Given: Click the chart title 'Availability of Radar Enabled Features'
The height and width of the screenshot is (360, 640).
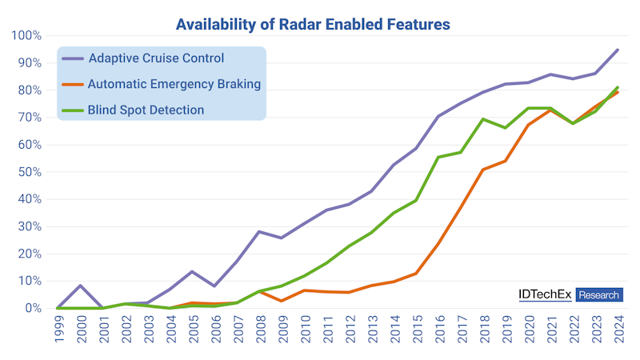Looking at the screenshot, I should point(312,25).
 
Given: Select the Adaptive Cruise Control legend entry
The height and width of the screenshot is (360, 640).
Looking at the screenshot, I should point(155,58).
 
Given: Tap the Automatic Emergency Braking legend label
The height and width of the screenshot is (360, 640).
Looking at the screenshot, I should point(174,84).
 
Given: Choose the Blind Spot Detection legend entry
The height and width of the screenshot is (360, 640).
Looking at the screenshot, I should point(146,110).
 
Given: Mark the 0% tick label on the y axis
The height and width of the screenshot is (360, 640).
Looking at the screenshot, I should point(32,308).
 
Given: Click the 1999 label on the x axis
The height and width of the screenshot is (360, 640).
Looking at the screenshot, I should point(59,330).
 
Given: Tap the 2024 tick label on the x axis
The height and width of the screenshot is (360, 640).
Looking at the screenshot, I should point(618,330).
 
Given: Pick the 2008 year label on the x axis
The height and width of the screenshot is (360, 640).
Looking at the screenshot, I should point(261,330).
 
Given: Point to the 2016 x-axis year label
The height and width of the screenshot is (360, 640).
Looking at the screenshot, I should point(439,330).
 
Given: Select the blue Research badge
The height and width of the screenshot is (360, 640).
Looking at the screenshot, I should point(599,295).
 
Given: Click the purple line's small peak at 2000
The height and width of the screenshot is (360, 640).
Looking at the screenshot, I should point(79,286).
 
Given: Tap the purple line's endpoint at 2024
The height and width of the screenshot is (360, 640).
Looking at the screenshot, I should point(618,50).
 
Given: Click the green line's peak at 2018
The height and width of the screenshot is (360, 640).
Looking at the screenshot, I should point(482,119).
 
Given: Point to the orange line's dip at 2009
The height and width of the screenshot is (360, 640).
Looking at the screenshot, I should point(281,301).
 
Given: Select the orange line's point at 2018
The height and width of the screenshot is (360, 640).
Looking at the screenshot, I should point(482,170).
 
